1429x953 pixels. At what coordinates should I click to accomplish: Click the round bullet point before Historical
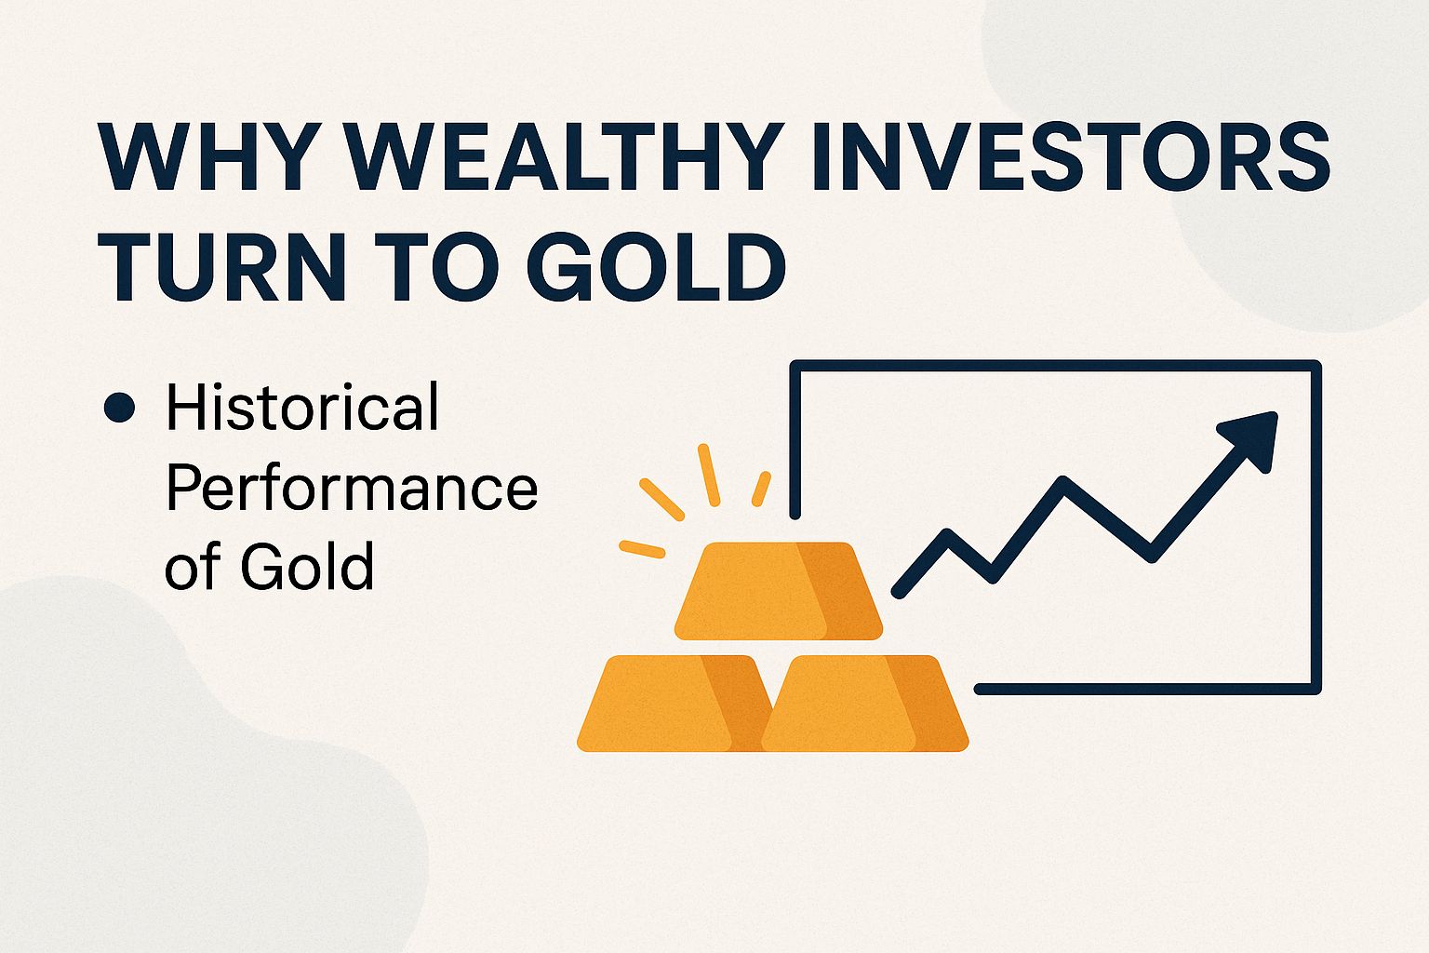pyautogui.click(x=120, y=408)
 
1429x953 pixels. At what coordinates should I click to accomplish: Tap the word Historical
pyautogui.click(x=302, y=407)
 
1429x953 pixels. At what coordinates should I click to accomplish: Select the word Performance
pyautogui.click(x=352, y=487)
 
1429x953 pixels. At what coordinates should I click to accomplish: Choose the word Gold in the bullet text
pyautogui.click(x=307, y=565)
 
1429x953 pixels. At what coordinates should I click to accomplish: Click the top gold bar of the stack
pyautogui.click(x=778, y=591)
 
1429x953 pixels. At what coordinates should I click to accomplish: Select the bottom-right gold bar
pyautogui.click(x=865, y=704)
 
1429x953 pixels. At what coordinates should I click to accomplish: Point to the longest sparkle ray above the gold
pyautogui.click(x=709, y=475)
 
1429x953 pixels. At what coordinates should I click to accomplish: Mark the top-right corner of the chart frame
pyautogui.click(x=1315, y=366)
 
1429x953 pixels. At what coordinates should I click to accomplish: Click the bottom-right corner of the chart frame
pyautogui.click(x=1315, y=689)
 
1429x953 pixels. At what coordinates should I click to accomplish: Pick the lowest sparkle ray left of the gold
pyautogui.click(x=642, y=549)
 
